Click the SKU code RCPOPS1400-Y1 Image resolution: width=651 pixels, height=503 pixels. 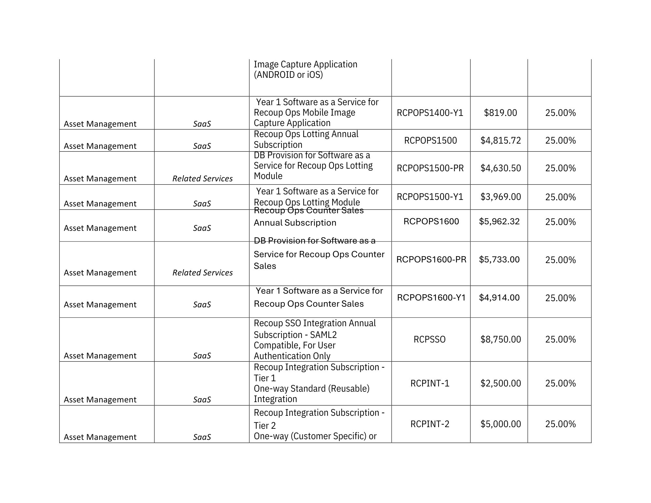coord(430,113)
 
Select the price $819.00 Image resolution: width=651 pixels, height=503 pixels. coord(500,113)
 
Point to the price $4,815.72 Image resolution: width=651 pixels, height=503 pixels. coord(501,140)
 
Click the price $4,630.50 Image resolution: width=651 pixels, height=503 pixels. coord(501,168)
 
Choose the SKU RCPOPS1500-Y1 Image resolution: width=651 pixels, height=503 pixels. coord(430,197)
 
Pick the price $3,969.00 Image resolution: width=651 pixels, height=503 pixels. coord(501,197)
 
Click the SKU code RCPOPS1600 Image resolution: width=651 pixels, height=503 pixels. coord(431,221)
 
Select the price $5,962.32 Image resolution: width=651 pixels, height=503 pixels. coord(499,221)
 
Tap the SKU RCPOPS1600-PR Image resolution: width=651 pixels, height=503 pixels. coord(431,259)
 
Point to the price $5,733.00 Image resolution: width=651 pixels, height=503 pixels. coord(499,259)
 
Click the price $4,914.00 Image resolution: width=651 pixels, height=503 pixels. coord(499,298)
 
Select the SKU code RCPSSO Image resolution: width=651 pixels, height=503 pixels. coord(429,339)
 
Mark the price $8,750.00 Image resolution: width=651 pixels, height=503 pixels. coord(501,339)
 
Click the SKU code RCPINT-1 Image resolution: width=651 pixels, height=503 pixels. coord(430,383)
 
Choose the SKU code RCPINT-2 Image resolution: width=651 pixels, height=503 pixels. coord(430,424)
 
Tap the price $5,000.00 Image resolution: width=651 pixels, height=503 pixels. coord(501,424)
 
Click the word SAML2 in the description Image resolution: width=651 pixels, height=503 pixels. coord(323,335)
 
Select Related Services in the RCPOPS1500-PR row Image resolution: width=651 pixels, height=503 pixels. coord(202,178)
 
